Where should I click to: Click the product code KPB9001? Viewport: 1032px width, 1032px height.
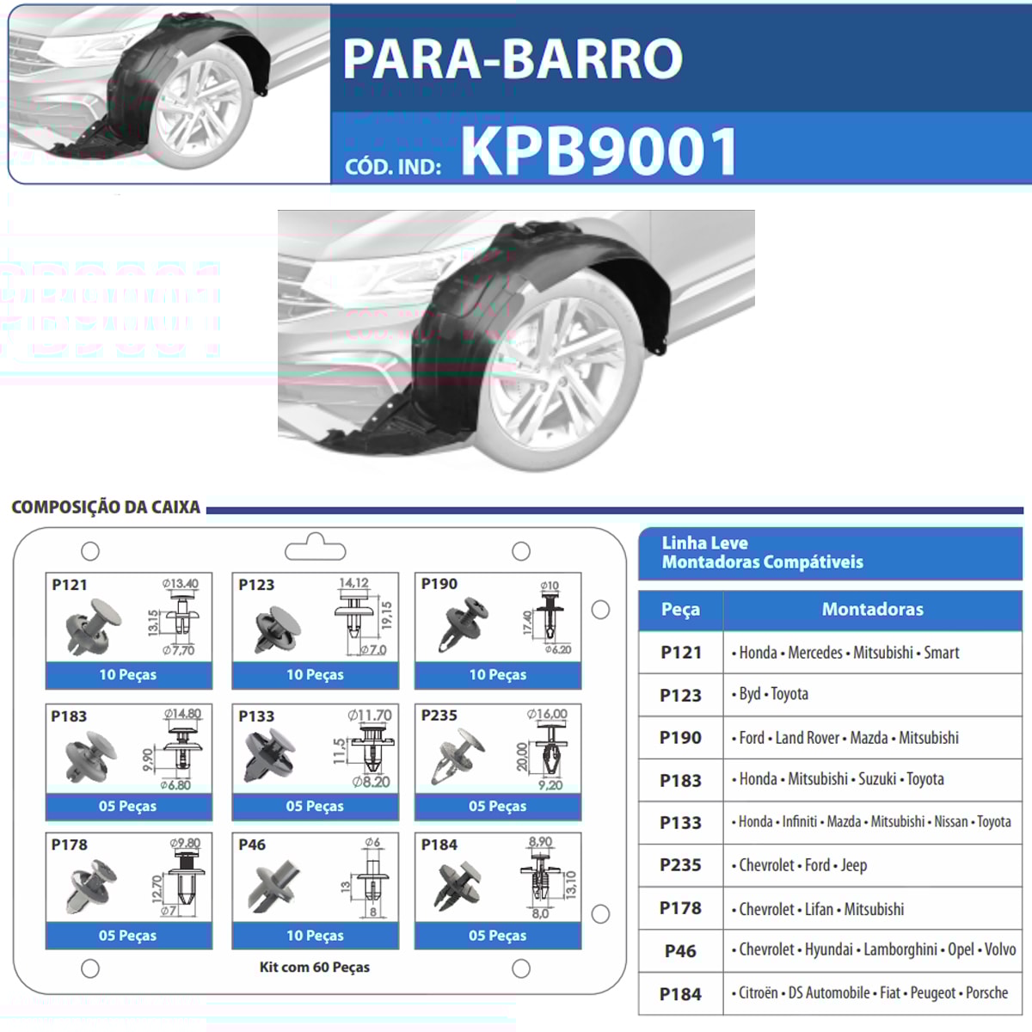[x=599, y=151]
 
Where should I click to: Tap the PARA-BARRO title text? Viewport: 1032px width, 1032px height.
[x=513, y=59]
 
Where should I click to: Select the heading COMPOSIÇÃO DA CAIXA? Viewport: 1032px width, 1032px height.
[x=106, y=507]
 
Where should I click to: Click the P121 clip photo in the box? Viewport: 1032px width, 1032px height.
[x=93, y=626]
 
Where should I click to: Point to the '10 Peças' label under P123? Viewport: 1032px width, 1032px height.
[x=315, y=675]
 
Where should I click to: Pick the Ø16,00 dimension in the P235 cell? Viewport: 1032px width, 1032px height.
[x=547, y=714]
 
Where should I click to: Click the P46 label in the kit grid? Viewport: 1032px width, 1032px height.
[x=252, y=845]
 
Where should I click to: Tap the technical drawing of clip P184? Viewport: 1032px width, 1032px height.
[x=543, y=879]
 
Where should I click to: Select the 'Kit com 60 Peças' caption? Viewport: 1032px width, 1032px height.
[x=315, y=967]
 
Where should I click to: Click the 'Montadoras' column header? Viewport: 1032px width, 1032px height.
[x=872, y=610]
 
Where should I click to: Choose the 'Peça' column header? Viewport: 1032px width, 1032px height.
[x=680, y=610]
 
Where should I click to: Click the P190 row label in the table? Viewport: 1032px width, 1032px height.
[x=680, y=738]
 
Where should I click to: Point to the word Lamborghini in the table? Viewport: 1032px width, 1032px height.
[x=900, y=950]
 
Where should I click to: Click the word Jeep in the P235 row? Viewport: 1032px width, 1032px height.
[x=854, y=866]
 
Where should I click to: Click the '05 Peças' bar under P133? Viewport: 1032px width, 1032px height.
[x=315, y=807]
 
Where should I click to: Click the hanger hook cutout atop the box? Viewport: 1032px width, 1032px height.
[x=315, y=547]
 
